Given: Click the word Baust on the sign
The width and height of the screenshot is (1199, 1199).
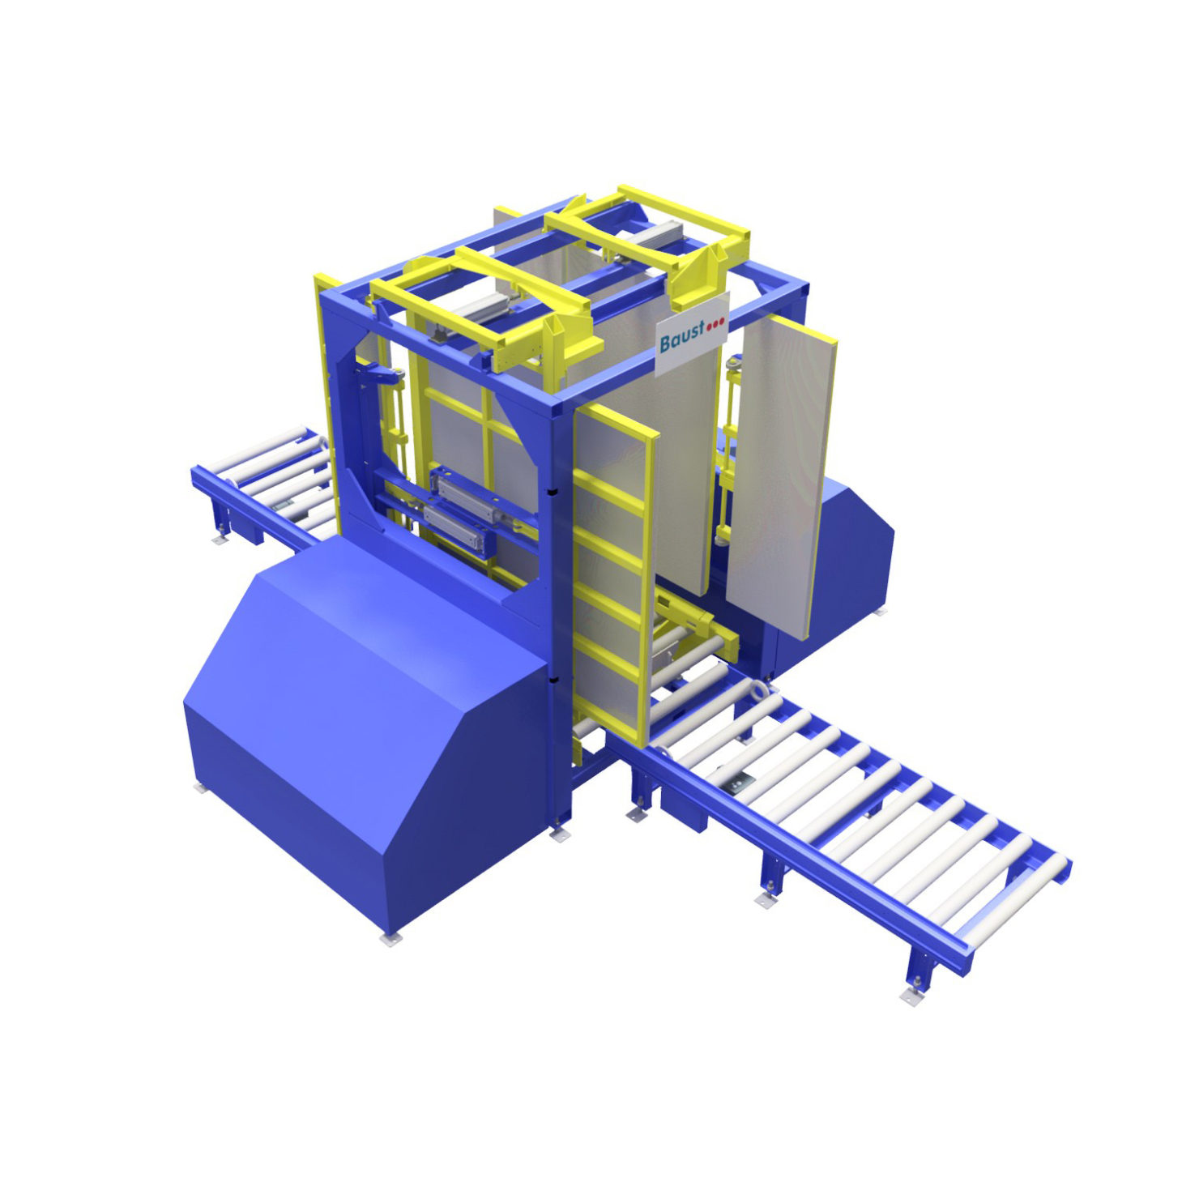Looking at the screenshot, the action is click(681, 339).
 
